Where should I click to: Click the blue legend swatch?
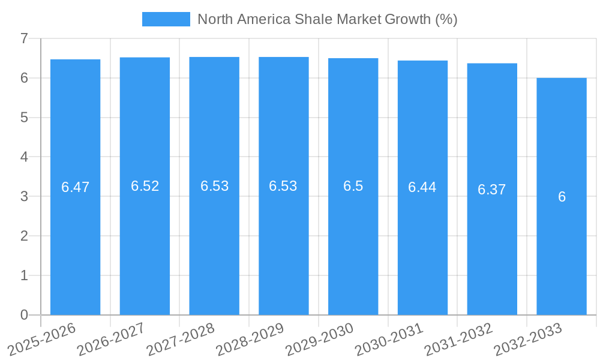coord(166,19)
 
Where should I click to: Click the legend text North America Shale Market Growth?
coord(327,19)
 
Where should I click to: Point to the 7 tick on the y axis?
coord(24,38)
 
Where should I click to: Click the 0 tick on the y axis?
coord(24,315)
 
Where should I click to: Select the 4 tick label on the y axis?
coord(24,157)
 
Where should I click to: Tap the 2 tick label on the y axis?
coord(24,236)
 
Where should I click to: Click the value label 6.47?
coord(75,187)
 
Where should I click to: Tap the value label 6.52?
coord(145,186)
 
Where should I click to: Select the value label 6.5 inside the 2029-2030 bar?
coord(353,186)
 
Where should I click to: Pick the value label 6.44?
coord(422,187)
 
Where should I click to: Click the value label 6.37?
coord(492,190)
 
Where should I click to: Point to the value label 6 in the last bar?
coord(562,197)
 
